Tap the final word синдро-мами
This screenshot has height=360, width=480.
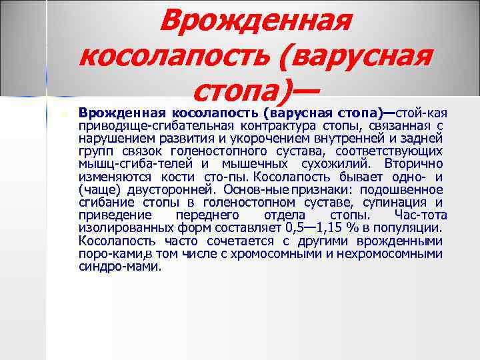(119, 267)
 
